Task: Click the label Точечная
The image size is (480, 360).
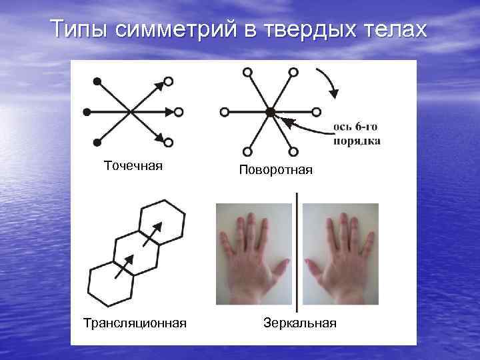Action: [x=133, y=165]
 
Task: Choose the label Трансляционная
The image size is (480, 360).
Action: [x=135, y=323]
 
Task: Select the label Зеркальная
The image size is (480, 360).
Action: [x=300, y=323]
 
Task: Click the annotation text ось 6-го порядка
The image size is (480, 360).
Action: [x=357, y=134]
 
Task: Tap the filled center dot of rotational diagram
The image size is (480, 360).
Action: [x=270, y=112]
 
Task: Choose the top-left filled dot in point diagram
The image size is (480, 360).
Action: [x=97, y=81]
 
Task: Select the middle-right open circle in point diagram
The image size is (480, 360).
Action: [x=179, y=112]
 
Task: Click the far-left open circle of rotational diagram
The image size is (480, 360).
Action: [x=225, y=112]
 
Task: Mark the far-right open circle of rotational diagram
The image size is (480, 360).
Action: [x=317, y=112]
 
